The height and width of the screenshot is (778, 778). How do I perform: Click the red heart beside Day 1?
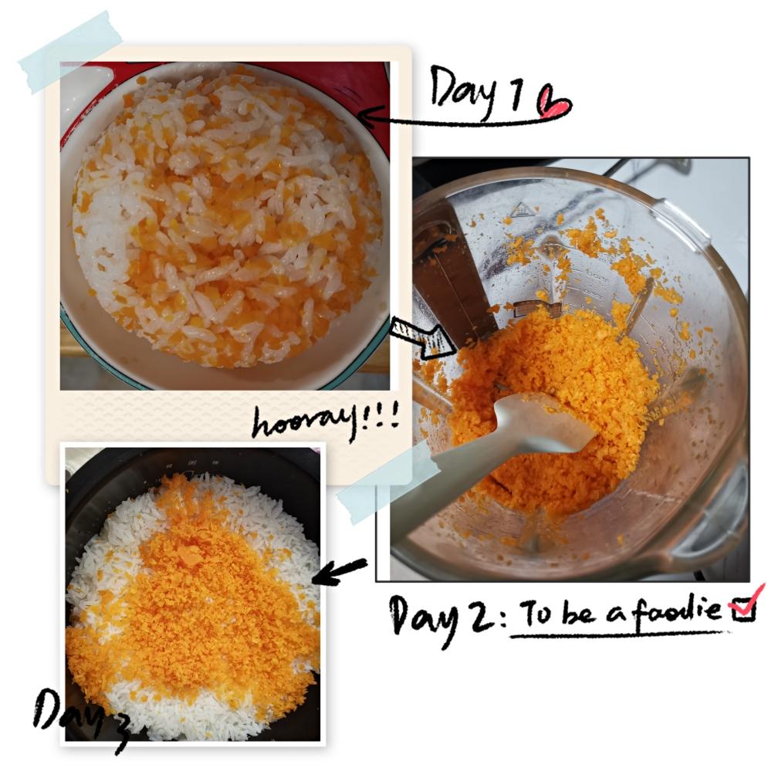click(554, 103)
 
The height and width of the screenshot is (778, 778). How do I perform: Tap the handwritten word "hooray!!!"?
click(326, 421)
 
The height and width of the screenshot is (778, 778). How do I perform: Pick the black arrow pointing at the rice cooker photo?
click(340, 570)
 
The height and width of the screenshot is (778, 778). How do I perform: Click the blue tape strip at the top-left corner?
click(70, 52)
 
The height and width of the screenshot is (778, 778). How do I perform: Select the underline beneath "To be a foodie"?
click(621, 634)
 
